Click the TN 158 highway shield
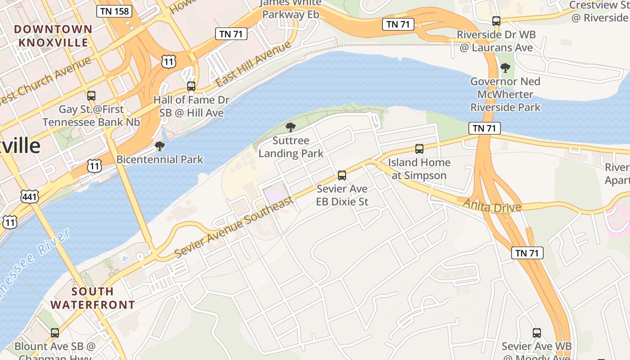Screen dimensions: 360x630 coord(114,11)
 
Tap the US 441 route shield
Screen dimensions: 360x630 coord(29,196)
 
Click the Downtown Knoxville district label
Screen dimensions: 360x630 coord(53,36)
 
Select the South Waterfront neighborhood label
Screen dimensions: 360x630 coord(92,298)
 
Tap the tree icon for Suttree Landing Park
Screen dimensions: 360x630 coord(291,127)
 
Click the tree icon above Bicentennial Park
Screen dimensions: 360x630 coord(159,146)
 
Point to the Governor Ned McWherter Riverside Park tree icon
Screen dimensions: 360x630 coord(505,68)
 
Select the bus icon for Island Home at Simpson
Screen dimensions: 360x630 coord(419,149)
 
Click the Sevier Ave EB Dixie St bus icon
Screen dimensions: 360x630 coord(342,175)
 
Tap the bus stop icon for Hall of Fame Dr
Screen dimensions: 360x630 coord(191,86)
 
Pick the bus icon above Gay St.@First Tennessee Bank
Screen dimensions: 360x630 coord(91,96)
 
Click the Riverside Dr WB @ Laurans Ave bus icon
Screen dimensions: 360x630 coord(496,21)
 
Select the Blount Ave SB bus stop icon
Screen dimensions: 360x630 coord(55,333)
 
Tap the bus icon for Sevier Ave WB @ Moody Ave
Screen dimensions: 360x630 coord(537,333)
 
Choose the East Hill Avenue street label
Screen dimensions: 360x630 coord(253,64)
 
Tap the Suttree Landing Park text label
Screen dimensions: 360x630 coord(291,147)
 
